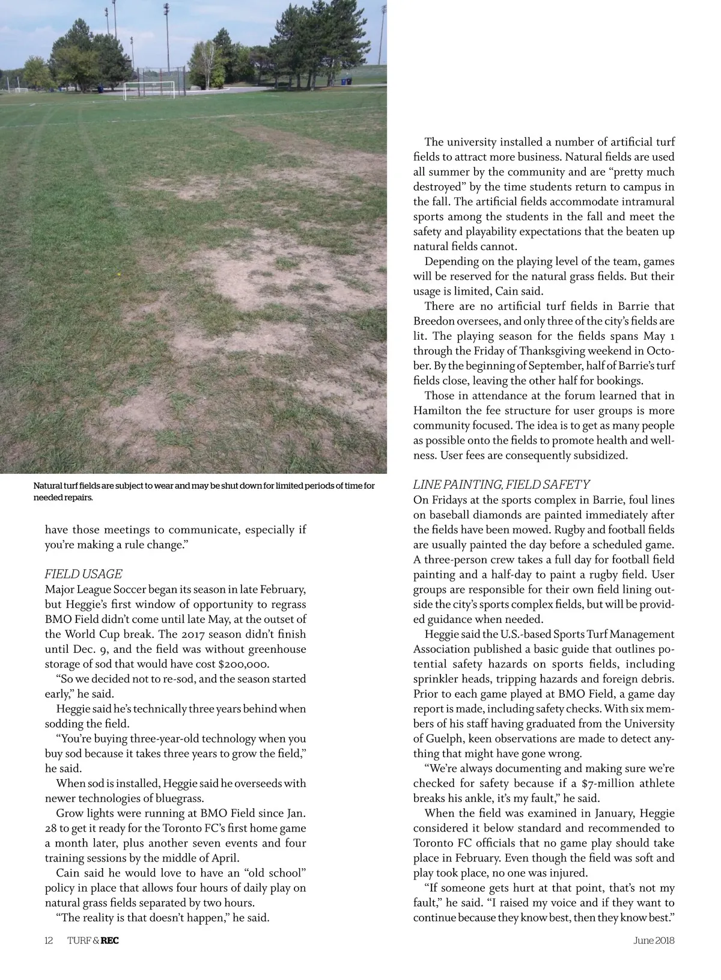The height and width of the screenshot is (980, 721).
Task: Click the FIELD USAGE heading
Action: [x=84, y=574]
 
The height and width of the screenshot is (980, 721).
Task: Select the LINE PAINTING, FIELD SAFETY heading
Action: [x=502, y=485]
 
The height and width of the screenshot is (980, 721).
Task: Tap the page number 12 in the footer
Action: [x=49, y=940]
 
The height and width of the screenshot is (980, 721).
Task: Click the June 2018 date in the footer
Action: [x=654, y=940]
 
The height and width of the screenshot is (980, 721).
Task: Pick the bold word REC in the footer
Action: [x=110, y=940]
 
